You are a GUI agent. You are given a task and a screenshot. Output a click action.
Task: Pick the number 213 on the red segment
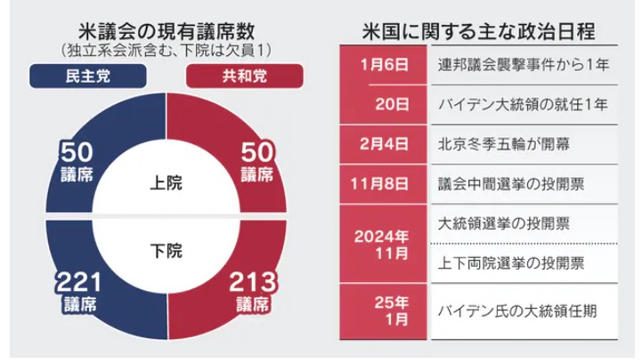coord(253,283)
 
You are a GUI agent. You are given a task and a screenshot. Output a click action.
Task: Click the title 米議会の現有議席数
coord(165,31)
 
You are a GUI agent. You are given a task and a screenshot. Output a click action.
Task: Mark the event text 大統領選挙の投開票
coord(495,222)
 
